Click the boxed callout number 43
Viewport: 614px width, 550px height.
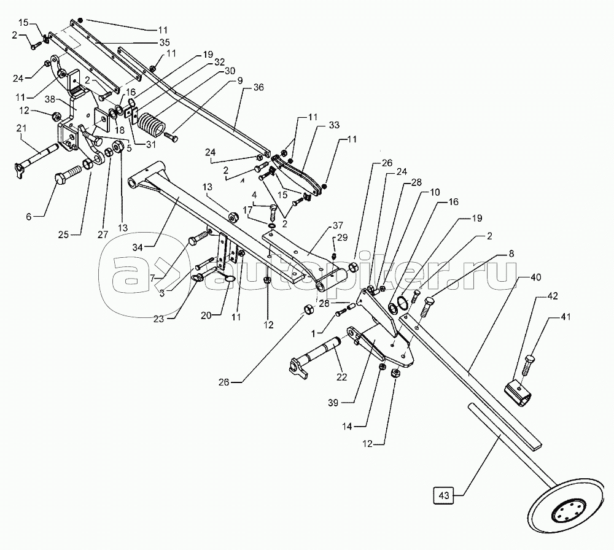coord(444,495)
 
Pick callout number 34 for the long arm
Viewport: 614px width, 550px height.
coord(137,247)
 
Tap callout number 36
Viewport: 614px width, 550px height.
coord(258,87)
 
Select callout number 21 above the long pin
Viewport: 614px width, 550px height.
coord(21,128)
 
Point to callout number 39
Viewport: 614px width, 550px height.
coord(333,403)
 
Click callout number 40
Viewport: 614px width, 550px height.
coord(535,277)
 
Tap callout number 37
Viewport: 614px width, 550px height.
coord(338,225)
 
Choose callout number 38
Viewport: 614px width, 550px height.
coord(50,99)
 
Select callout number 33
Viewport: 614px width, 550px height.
coord(334,125)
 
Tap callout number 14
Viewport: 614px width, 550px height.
coord(348,426)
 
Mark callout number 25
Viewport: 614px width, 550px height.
coord(63,234)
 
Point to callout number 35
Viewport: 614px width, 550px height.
coord(165,42)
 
